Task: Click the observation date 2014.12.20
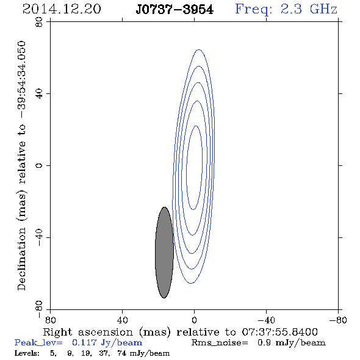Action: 62,9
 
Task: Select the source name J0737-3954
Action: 175,10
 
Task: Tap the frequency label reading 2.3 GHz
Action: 309,9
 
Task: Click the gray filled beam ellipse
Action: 164,253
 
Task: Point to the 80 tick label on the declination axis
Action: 39,22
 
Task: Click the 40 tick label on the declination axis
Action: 39,94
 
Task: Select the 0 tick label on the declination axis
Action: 39,165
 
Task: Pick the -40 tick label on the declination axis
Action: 39,237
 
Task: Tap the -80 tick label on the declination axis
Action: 39,309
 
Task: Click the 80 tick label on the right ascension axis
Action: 50,320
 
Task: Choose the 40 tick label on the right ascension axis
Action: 122,320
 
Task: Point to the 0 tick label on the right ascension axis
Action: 194,320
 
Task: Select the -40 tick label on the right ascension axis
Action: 266,320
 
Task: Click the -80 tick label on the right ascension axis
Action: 338,320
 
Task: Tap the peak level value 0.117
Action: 84,342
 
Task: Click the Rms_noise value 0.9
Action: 264,342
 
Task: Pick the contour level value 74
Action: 121,353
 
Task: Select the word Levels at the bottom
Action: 27,353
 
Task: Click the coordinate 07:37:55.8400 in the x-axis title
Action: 279,332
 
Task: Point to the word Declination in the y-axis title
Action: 21,259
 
